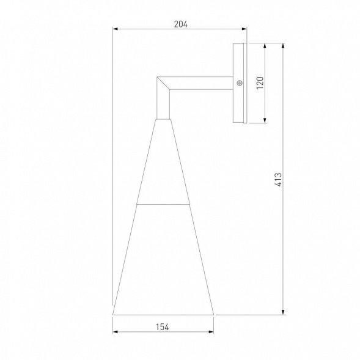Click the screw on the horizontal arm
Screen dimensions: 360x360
[240, 84]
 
